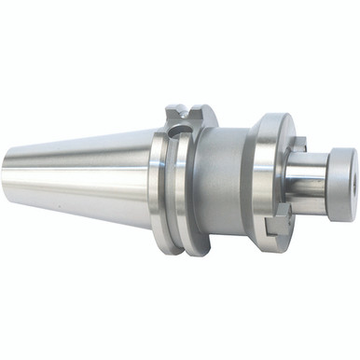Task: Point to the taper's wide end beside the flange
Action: point(149,177)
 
